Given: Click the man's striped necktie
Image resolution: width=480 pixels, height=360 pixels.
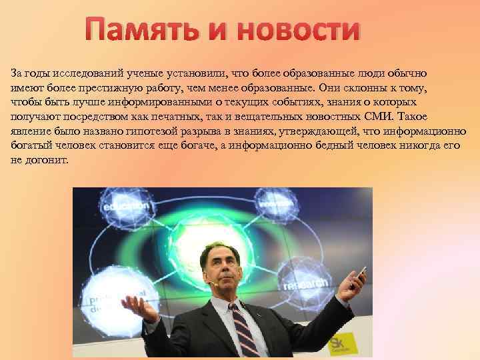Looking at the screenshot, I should point(244,333).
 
